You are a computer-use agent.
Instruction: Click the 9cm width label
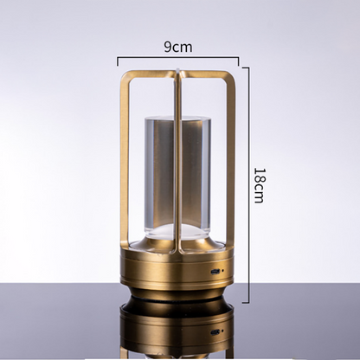point(178,47)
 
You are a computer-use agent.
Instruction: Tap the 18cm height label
point(259,186)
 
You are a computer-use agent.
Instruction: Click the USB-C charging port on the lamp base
point(215,272)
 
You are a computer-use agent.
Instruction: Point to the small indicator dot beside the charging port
point(223,271)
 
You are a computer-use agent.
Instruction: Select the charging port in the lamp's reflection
point(215,332)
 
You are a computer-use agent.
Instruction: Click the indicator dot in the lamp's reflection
point(222,331)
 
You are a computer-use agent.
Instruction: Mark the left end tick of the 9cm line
point(118,61)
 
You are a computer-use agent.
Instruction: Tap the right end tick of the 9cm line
point(238,61)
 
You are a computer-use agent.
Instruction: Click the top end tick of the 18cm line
point(245,67)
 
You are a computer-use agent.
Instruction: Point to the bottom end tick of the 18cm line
point(245,303)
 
